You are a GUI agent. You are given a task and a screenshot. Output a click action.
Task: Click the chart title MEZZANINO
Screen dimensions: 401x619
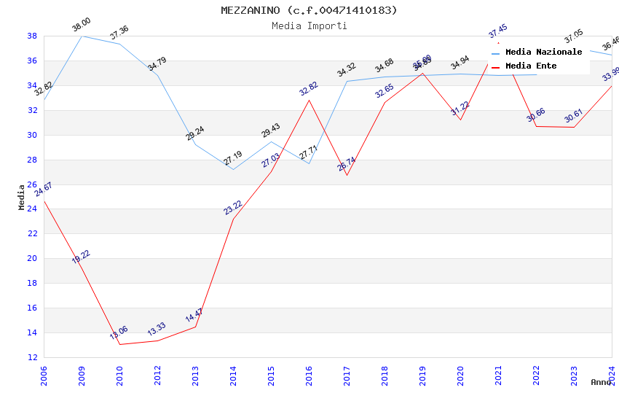point(309,10)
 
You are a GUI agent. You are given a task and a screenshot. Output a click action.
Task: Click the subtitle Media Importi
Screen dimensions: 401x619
point(309,26)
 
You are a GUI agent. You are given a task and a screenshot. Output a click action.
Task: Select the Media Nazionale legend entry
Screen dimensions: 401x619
point(543,52)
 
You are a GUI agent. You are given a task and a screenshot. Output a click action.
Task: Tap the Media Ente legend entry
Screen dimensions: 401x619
point(531,66)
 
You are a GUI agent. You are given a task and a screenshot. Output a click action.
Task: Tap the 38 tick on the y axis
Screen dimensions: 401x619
point(32,36)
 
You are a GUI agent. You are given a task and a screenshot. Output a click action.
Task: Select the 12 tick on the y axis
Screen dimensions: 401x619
point(32,357)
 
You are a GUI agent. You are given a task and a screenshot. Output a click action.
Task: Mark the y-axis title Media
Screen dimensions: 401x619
point(22,197)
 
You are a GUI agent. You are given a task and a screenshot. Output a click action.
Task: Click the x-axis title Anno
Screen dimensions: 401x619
point(601,382)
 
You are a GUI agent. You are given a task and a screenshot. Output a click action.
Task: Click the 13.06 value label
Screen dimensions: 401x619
point(118,332)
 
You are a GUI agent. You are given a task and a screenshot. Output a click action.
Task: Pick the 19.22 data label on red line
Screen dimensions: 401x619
point(81,257)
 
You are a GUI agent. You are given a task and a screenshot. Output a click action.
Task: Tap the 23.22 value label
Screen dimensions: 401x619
point(233,207)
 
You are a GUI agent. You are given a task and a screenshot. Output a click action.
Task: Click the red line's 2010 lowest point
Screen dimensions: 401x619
point(119,344)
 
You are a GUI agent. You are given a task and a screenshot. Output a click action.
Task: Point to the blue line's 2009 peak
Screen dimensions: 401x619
point(82,36)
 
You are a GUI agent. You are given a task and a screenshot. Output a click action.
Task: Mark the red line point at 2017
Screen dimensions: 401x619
point(347,175)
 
